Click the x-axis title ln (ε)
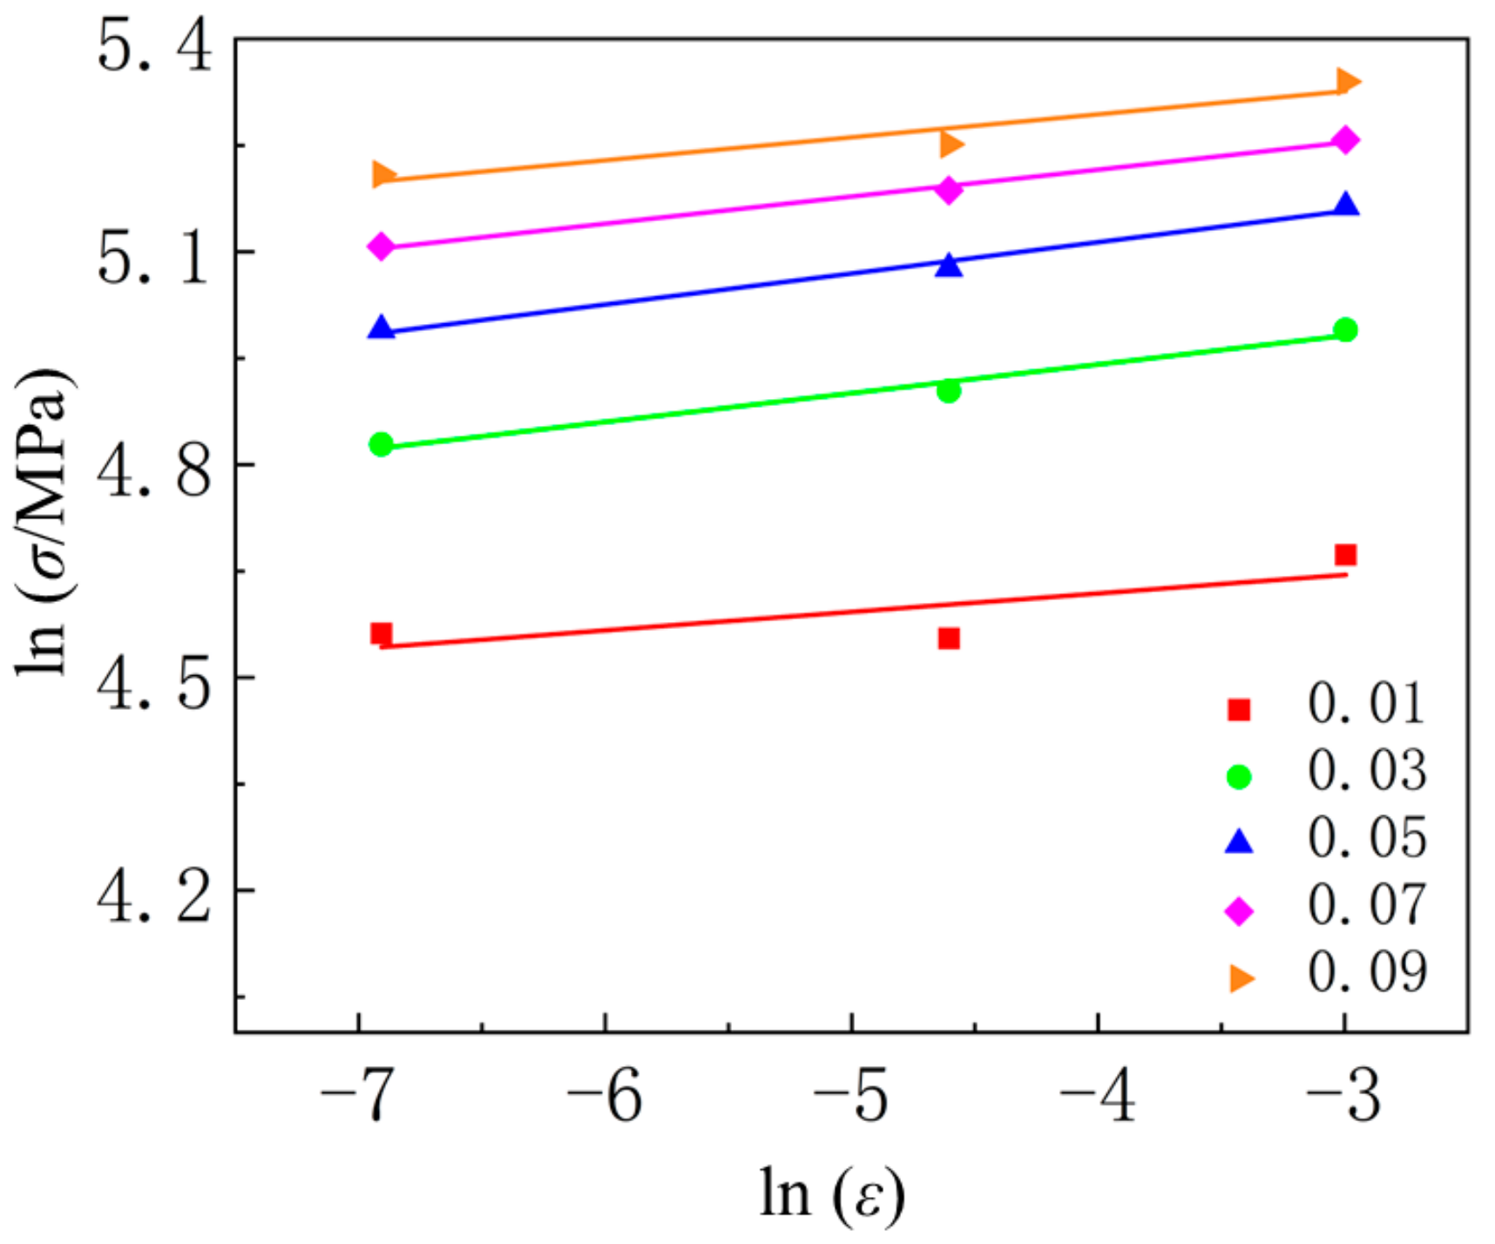pyautogui.click(x=832, y=1193)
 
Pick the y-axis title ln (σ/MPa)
pyautogui.click(x=44, y=523)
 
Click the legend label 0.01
pyautogui.click(x=1366, y=704)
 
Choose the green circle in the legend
pyautogui.click(x=1239, y=776)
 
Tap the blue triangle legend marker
pyautogui.click(x=1239, y=842)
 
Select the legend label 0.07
pyautogui.click(x=1366, y=905)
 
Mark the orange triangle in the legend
pyautogui.click(x=1241, y=978)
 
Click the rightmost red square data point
pyautogui.click(x=1346, y=555)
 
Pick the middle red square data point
pyautogui.click(x=949, y=639)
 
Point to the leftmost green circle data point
pyautogui.click(x=381, y=444)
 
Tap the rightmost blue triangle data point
pyautogui.click(x=1346, y=205)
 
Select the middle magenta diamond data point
pyautogui.click(x=949, y=190)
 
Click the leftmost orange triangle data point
pyautogui.click(x=382, y=174)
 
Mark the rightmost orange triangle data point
pyautogui.click(x=1348, y=82)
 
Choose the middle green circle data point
pyautogui.click(x=949, y=391)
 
